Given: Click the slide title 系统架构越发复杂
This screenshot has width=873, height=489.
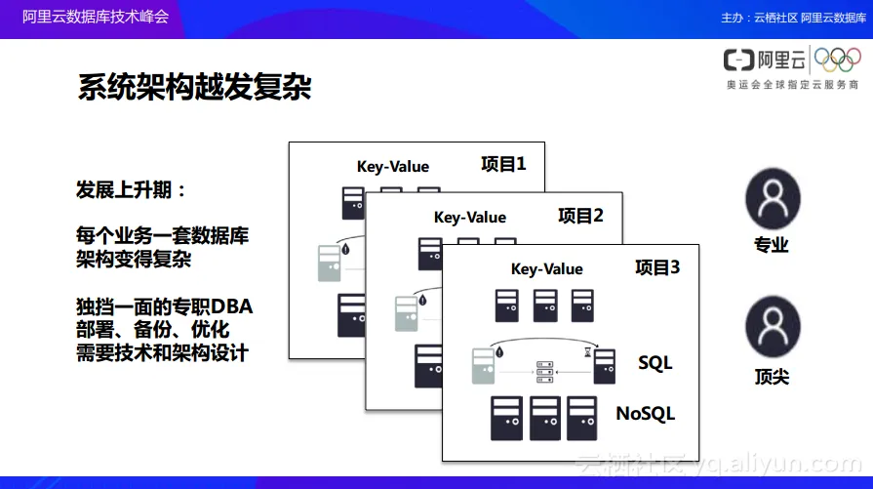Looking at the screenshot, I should click(194, 87).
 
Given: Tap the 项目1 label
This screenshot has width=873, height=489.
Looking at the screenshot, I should click(503, 164).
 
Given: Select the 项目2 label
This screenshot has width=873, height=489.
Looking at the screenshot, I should click(580, 216).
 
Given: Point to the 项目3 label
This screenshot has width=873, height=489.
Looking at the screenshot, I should click(657, 267).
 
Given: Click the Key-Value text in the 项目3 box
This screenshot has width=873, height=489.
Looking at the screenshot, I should click(546, 269).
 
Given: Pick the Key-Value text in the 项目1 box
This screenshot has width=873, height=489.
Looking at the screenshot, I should click(392, 166).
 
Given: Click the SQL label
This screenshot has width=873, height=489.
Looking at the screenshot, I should click(655, 364).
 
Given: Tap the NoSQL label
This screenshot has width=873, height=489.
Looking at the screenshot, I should click(645, 414).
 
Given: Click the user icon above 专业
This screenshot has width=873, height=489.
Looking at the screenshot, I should click(773, 198).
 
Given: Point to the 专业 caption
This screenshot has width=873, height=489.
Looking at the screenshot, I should click(772, 245).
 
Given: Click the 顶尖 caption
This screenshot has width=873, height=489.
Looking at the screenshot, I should click(772, 376).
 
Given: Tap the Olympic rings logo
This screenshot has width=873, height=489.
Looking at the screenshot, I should click(837, 61).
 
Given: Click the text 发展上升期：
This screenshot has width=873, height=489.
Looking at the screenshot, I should click(131, 189).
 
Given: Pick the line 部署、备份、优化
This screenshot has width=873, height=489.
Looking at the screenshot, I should click(152, 329).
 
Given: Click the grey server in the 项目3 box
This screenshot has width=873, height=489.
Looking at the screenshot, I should click(484, 366).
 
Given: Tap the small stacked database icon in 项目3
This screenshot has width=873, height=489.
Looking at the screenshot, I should click(544, 372).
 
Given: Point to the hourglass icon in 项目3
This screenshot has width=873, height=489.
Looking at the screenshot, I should click(588, 353).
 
